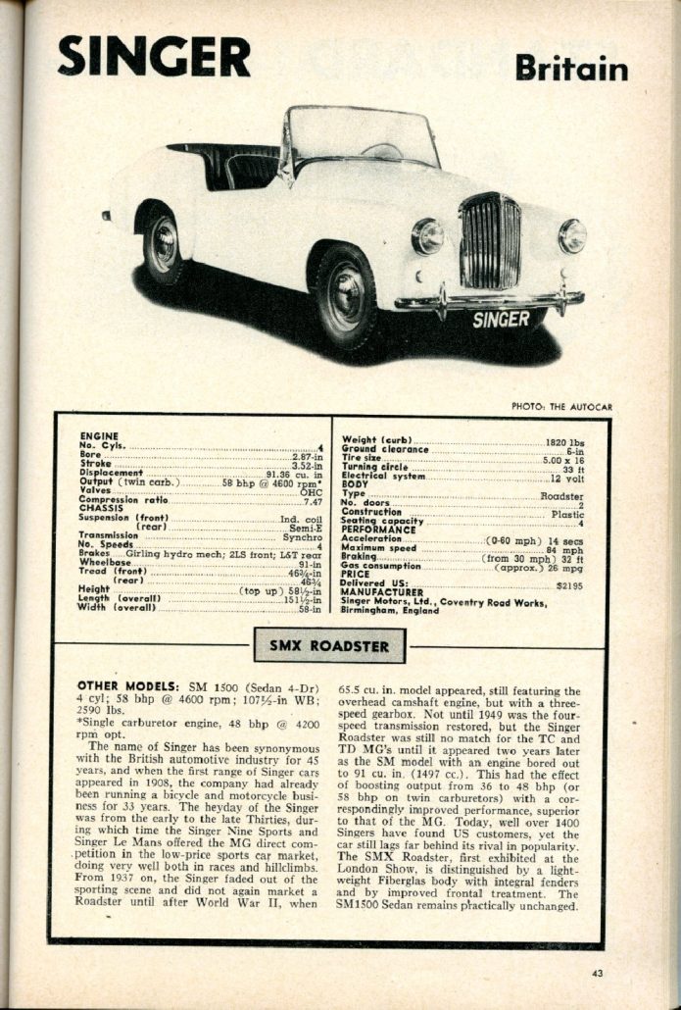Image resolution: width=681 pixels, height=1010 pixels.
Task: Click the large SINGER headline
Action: (x=154, y=57)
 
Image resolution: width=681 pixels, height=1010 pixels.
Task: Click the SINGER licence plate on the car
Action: (x=501, y=320)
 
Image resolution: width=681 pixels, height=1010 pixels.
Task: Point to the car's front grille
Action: (x=490, y=241)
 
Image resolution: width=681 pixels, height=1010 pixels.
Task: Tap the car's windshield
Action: (x=362, y=136)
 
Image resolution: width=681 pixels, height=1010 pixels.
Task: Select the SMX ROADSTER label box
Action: (x=329, y=646)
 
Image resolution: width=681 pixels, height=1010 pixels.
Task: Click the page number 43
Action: (x=598, y=973)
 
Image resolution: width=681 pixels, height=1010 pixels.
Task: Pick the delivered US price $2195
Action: (x=568, y=583)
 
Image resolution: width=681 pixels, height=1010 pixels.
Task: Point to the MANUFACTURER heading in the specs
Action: (x=381, y=592)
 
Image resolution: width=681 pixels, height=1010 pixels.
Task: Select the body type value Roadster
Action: (x=561, y=496)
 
